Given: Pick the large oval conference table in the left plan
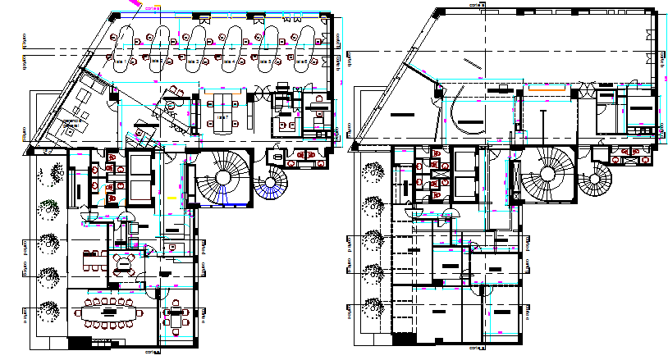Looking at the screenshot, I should point(109,312).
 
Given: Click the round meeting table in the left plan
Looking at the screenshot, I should point(125,262).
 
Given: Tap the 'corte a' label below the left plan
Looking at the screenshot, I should point(150,353).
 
